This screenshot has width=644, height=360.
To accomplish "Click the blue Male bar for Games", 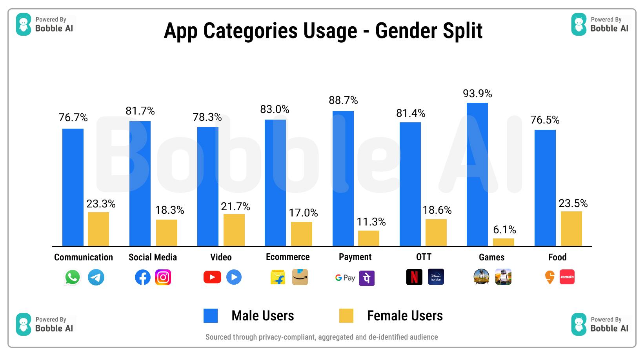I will pyautogui.click(x=477, y=175).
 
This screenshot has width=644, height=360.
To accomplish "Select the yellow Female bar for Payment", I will pyautogui.click(x=369, y=238).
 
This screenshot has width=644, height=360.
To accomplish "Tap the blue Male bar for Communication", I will pyautogui.click(x=73, y=187).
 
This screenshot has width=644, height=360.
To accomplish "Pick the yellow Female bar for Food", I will pyautogui.click(x=571, y=229).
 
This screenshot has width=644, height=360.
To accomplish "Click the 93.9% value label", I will pyautogui.click(x=477, y=94).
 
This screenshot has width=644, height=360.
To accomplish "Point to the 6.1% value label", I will pyautogui.click(x=504, y=230).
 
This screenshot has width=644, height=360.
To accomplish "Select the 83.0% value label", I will pyautogui.click(x=275, y=109).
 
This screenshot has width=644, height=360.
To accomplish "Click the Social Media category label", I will pyautogui.click(x=153, y=257).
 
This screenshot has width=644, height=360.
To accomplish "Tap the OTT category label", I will pyautogui.click(x=424, y=257).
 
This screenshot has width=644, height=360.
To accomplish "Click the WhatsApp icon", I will pyautogui.click(x=73, y=277).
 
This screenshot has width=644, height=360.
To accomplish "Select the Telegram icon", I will pyautogui.click(x=96, y=277).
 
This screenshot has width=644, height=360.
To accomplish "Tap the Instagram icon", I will pyautogui.click(x=163, y=277).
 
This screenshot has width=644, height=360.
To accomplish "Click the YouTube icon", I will pyautogui.click(x=212, y=277).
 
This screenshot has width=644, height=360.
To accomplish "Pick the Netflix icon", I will pyautogui.click(x=414, y=277).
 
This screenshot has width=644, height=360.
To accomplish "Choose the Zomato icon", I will pyautogui.click(x=567, y=277).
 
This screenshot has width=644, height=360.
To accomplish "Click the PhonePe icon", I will pyautogui.click(x=367, y=278).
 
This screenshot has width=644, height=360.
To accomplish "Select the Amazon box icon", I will pyautogui.click(x=300, y=277).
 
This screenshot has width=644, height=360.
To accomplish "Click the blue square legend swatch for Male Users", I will pyautogui.click(x=211, y=316).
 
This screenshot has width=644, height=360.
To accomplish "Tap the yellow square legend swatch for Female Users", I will pyautogui.click(x=346, y=316).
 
